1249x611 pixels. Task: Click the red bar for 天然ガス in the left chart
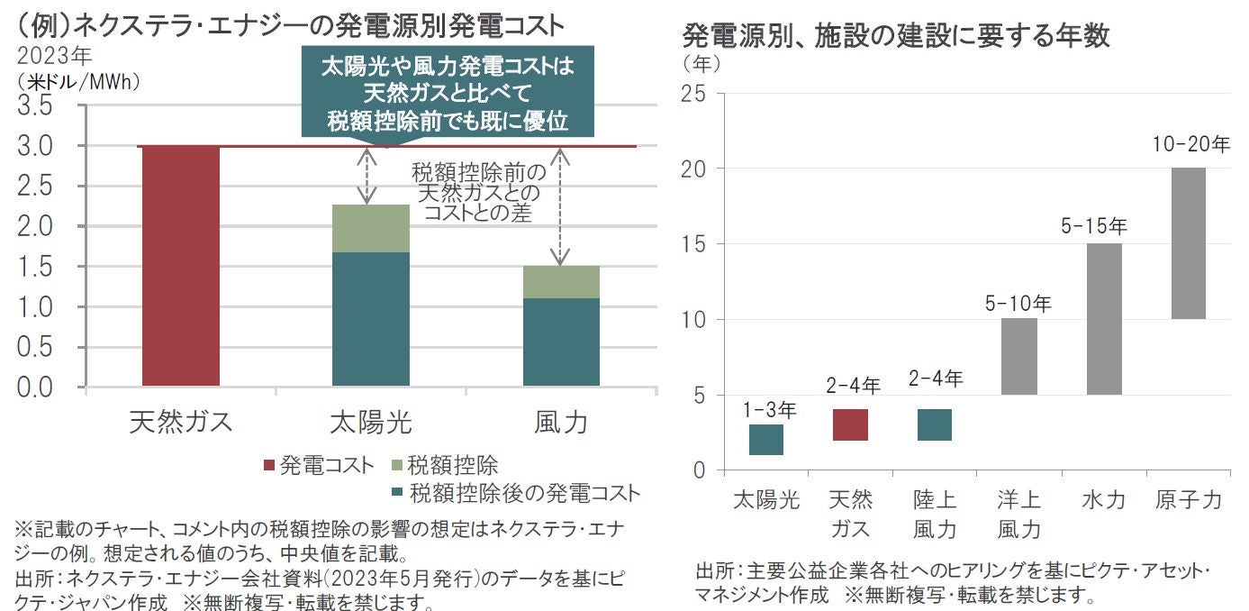[x=181, y=266]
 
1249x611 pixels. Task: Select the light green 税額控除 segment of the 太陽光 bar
[x=370, y=228]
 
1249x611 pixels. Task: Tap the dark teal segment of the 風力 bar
[x=561, y=342]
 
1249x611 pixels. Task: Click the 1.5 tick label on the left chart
[x=35, y=267]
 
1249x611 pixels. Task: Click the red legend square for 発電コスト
[x=268, y=466]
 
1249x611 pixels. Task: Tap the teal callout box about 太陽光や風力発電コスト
[x=447, y=94]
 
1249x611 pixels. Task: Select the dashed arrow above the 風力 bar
[x=560, y=207]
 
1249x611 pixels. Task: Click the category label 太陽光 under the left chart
[x=370, y=422]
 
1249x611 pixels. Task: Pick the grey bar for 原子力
[x=1188, y=243]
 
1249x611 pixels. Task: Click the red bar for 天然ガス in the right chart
[x=850, y=424]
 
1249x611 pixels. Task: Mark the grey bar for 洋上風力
[x=1019, y=356]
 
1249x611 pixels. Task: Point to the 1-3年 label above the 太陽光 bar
[x=767, y=410]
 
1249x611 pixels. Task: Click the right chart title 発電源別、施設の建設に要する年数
[x=896, y=36]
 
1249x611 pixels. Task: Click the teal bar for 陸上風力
[x=934, y=424]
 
